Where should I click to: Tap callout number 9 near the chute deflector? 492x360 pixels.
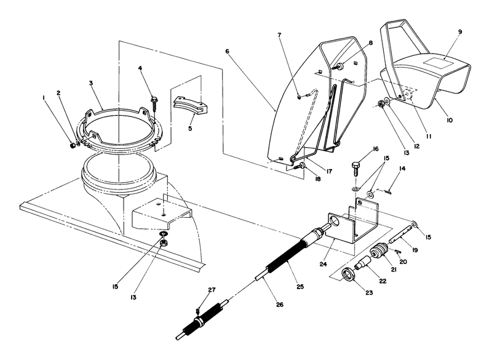pos(460,31)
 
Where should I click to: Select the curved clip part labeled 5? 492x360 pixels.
pos(191,105)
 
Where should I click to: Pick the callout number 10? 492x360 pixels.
pos(450,121)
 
